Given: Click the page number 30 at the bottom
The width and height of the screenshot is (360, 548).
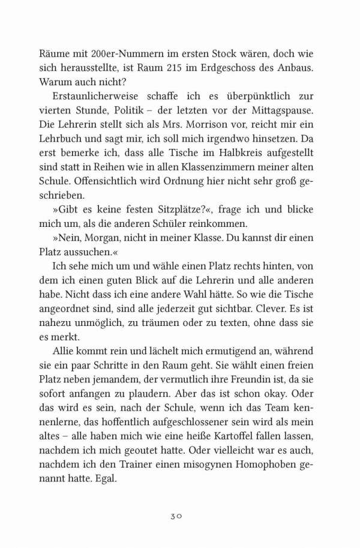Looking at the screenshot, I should (x=181, y=515).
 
